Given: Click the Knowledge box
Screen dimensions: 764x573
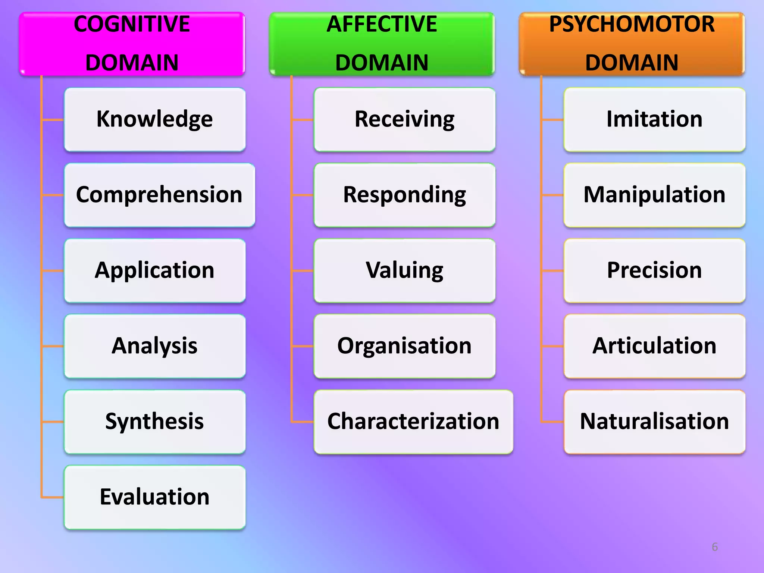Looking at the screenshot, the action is [x=155, y=119].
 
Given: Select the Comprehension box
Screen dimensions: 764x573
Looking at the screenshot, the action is [x=159, y=195].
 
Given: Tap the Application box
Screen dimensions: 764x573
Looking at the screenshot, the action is [x=155, y=270].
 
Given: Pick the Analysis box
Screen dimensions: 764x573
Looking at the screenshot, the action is [x=155, y=346].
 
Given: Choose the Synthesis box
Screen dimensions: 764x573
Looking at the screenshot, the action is [x=155, y=422].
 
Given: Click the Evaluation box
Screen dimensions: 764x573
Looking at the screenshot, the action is [x=155, y=497].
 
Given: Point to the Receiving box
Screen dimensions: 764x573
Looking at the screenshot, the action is [x=404, y=119].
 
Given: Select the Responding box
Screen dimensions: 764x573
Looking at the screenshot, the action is [x=404, y=195].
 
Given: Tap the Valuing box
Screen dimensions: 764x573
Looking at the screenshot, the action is [x=404, y=270].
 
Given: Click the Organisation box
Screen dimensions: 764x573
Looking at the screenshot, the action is [x=404, y=346].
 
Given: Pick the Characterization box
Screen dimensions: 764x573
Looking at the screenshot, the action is [x=413, y=422].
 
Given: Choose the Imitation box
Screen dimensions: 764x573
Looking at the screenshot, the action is [x=654, y=119].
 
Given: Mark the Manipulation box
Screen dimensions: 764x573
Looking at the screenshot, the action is [x=654, y=195].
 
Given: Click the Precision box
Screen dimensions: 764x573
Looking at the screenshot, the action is [x=654, y=270].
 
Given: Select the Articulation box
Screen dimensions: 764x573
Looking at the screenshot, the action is [x=654, y=346].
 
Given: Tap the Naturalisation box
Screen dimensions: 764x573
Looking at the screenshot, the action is [x=654, y=422].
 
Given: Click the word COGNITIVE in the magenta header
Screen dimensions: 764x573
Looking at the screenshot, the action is [x=132, y=24].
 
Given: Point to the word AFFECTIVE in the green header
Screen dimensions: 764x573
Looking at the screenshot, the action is [x=382, y=24].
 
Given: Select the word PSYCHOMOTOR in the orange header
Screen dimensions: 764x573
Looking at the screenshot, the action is [x=632, y=24].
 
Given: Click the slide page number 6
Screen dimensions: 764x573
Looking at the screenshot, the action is [x=714, y=547].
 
